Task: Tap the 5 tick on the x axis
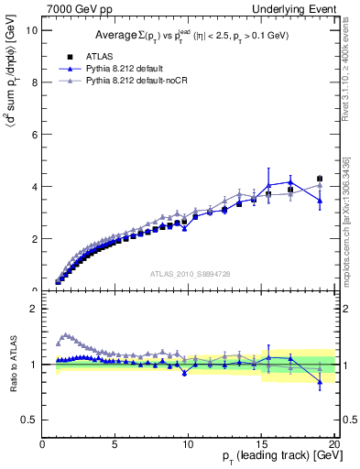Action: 115,445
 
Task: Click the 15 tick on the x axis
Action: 262,445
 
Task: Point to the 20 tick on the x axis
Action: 334,445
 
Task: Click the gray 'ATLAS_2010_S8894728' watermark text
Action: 190,273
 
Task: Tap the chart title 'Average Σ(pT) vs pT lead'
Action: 189,35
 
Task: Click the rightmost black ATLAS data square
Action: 320,179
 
